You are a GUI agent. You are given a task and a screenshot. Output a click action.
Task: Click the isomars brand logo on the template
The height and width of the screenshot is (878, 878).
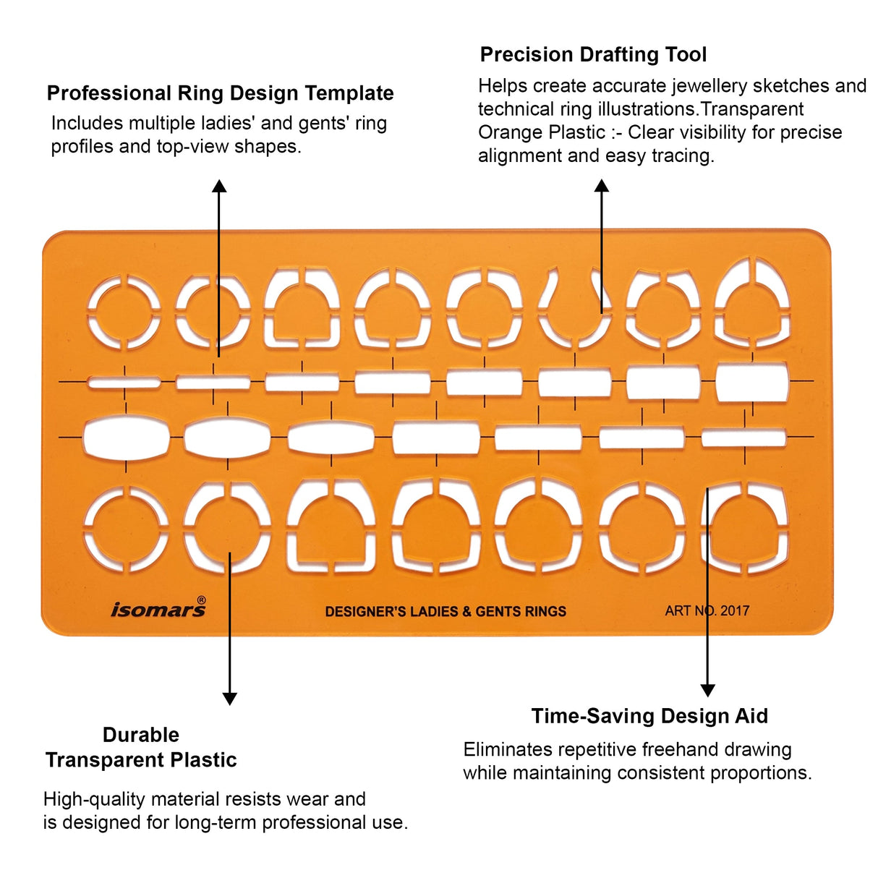pyautogui.click(x=158, y=609)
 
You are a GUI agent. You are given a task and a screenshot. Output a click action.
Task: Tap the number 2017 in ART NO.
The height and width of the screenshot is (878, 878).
pyautogui.click(x=735, y=610)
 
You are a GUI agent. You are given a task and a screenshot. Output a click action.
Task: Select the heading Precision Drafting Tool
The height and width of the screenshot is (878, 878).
pyautogui.click(x=593, y=55)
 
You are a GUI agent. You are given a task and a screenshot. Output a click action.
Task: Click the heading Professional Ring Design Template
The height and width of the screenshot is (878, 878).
pyautogui.click(x=220, y=93)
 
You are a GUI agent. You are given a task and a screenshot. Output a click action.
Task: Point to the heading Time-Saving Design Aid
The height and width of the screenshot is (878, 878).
pyautogui.click(x=649, y=716)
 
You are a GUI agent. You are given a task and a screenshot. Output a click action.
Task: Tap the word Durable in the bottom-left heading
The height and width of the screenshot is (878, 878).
pyautogui.click(x=141, y=735)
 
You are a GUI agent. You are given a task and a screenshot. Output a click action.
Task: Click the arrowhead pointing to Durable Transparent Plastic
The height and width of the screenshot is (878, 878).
pyautogui.click(x=230, y=699)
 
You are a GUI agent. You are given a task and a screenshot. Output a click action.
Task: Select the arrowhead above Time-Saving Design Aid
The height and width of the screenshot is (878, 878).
pyautogui.click(x=707, y=690)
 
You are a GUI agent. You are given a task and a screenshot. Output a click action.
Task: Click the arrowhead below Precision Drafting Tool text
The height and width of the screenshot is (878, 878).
pyautogui.click(x=602, y=185)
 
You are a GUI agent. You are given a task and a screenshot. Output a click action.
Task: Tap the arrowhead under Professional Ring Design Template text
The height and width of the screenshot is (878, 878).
pyautogui.click(x=219, y=186)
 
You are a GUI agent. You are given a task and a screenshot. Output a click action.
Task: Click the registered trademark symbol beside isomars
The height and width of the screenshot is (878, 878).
pyautogui.click(x=201, y=600)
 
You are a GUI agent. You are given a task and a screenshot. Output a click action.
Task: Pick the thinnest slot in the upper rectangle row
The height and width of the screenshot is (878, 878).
pyautogui.click(x=124, y=383)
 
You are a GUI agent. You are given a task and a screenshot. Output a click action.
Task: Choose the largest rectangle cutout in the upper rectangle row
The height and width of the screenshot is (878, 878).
pyautogui.click(x=752, y=382)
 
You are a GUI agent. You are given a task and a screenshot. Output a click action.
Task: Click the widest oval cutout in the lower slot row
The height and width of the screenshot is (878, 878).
pyautogui.click(x=127, y=438)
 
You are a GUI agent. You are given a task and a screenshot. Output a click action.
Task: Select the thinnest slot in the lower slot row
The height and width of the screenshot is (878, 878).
pyautogui.click(x=744, y=438)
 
